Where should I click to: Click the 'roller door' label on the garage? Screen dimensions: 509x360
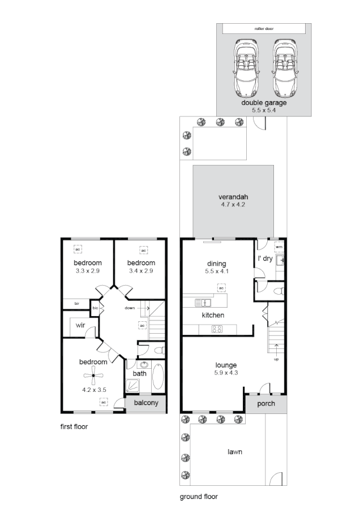pos(264,28)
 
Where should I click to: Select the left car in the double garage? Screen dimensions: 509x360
pos(245,68)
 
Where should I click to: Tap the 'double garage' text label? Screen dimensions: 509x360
pos(264,103)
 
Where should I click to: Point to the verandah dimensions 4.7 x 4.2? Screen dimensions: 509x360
pos(234,205)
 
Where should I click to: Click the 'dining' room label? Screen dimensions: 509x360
pos(217,264)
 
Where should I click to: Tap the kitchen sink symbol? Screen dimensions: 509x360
pos(203,302)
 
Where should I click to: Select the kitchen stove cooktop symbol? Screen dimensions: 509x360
pos(217,329)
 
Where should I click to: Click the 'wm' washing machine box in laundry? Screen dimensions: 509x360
pos(279,247)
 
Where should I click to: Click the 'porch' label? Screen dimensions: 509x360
pos(266,404)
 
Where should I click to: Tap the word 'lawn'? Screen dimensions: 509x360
pos(235,452)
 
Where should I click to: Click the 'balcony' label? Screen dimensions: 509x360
pos(145,404)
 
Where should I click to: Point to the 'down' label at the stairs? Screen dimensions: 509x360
pos(130,308)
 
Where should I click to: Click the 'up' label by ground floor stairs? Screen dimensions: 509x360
pos(276,359)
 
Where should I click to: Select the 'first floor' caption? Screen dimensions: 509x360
pos(74,427)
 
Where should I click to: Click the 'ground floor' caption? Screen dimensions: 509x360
pos(199,497)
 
